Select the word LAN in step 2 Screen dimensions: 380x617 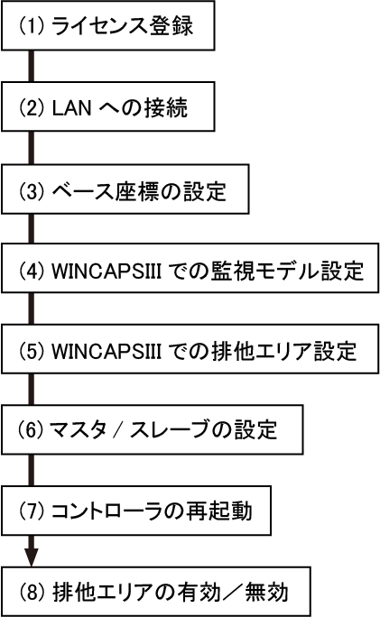(71, 108)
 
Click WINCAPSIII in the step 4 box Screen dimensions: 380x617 (107, 272)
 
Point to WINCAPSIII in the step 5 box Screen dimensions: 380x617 (107, 352)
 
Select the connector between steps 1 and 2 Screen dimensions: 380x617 (31, 66)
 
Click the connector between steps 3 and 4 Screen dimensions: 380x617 (31, 228)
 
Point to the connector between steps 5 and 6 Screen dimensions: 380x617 (31, 389)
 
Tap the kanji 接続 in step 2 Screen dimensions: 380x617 (166, 108)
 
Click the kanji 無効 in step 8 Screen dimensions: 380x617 (267, 593)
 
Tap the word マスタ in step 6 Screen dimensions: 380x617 (78, 430)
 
